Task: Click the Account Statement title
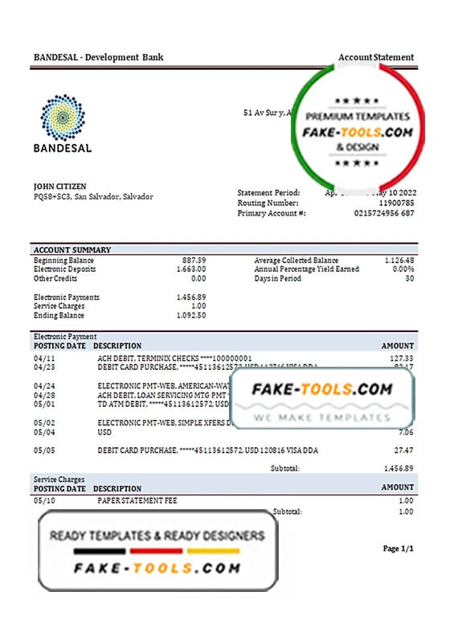(376, 57)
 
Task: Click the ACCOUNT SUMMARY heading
(72, 250)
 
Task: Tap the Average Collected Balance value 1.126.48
(398, 261)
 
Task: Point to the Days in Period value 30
(409, 278)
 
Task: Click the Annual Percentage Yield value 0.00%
(402, 269)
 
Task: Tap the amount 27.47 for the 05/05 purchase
(403, 451)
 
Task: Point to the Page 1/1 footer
(399, 549)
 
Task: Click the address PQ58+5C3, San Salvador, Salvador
(93, 196)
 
